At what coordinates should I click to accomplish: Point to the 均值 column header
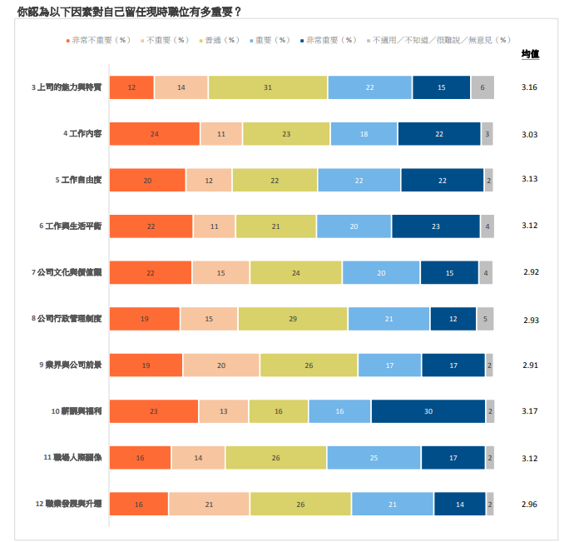[x=530, y=55]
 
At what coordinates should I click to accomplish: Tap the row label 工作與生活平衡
[x=76, y=226]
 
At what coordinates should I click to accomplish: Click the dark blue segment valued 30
[x=428, y=411]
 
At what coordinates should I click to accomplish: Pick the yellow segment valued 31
[x=268, y=87]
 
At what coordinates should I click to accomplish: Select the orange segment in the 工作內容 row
[x=155, y=133]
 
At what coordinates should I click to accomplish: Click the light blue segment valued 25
[x=374, y=458]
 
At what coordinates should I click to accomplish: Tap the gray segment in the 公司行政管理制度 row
[x=485, y=319]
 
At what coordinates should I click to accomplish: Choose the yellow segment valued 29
[x=293, y=319]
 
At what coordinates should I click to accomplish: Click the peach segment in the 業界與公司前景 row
[x=221, y=365]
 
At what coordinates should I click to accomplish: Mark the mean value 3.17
[x=530, y=410]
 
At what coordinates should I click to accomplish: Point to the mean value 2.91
[x=530, y=365]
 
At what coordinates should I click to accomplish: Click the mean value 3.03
[x=530, y=134]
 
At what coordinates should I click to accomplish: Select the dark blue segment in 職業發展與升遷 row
[x=459, y=504]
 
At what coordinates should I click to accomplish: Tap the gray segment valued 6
[x=482, y=87]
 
